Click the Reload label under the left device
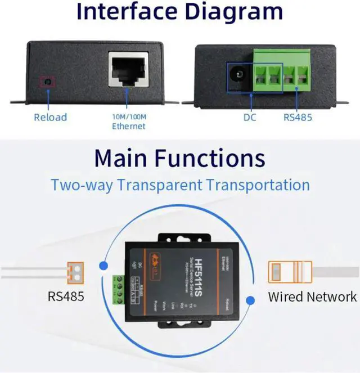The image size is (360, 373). pos(50,117)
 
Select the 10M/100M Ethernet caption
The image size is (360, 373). pos(128,122)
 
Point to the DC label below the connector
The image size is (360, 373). pos(250,118)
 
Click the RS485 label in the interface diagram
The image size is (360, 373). pos(297,118)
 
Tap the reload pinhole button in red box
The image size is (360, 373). pos(47,82)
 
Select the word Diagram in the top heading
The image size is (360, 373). pos(242,12)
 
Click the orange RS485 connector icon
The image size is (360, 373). pos(75,272)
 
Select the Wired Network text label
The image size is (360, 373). pos(312,296)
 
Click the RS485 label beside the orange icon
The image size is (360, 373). pos(66,296)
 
